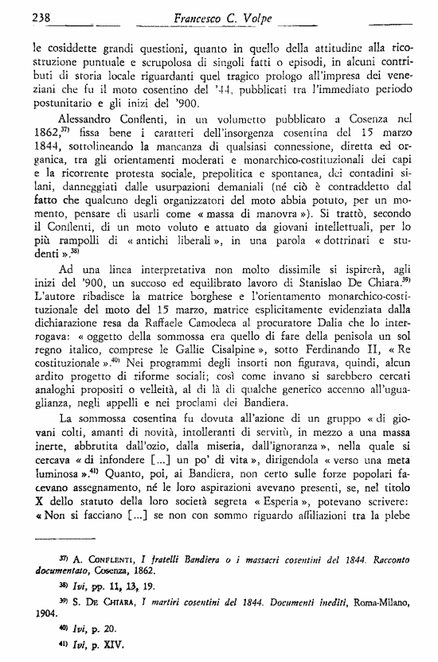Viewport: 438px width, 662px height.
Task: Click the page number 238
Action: (x=19, y=14)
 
